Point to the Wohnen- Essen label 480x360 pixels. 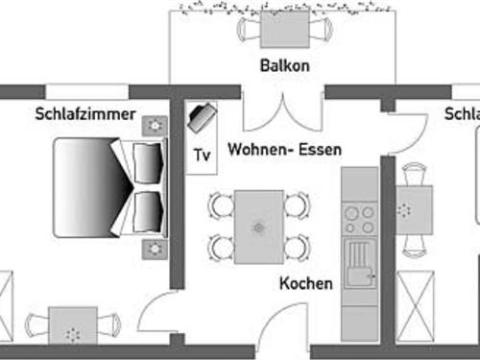(x=284, y=150)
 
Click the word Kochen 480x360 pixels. (x=306, y=284)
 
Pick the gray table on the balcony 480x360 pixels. (x=285, y=29)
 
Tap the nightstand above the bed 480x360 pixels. (x=154, y=126)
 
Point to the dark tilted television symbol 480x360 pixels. (x=202, y=118)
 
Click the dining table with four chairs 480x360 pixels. (x=258, y=227)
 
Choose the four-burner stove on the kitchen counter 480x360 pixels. (x=359, y=220)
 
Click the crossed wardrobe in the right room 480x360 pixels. (x=416, y=301)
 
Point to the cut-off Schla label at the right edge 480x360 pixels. (x=462, y=113)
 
